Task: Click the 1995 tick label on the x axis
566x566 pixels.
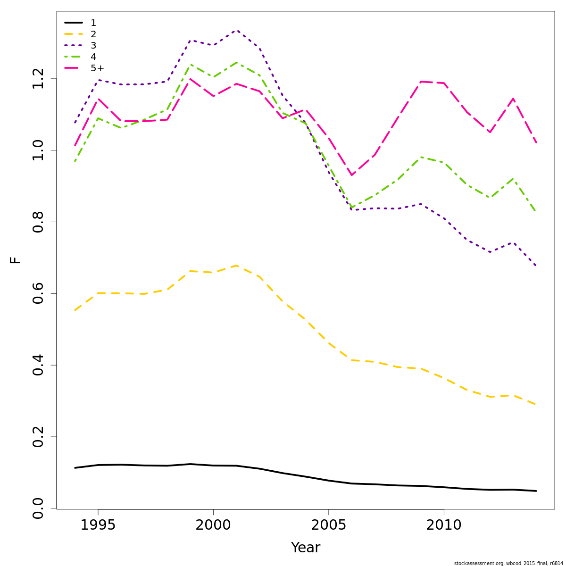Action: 98,525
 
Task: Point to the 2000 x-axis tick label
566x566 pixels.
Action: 213,525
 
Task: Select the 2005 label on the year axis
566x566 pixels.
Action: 328,525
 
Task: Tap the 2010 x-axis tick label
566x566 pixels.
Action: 444,525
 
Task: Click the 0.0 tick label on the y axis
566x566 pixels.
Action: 38,508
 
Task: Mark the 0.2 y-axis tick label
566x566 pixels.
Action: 38,437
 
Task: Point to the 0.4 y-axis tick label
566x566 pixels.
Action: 38,365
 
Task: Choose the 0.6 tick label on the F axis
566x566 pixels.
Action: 38,293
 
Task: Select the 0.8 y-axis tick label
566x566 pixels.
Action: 38,222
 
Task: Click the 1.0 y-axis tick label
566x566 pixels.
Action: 38,150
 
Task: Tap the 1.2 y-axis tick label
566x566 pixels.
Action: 38,79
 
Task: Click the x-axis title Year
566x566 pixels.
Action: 306,548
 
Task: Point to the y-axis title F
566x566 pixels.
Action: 16,260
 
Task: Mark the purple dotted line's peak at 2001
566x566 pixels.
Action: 236,31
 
